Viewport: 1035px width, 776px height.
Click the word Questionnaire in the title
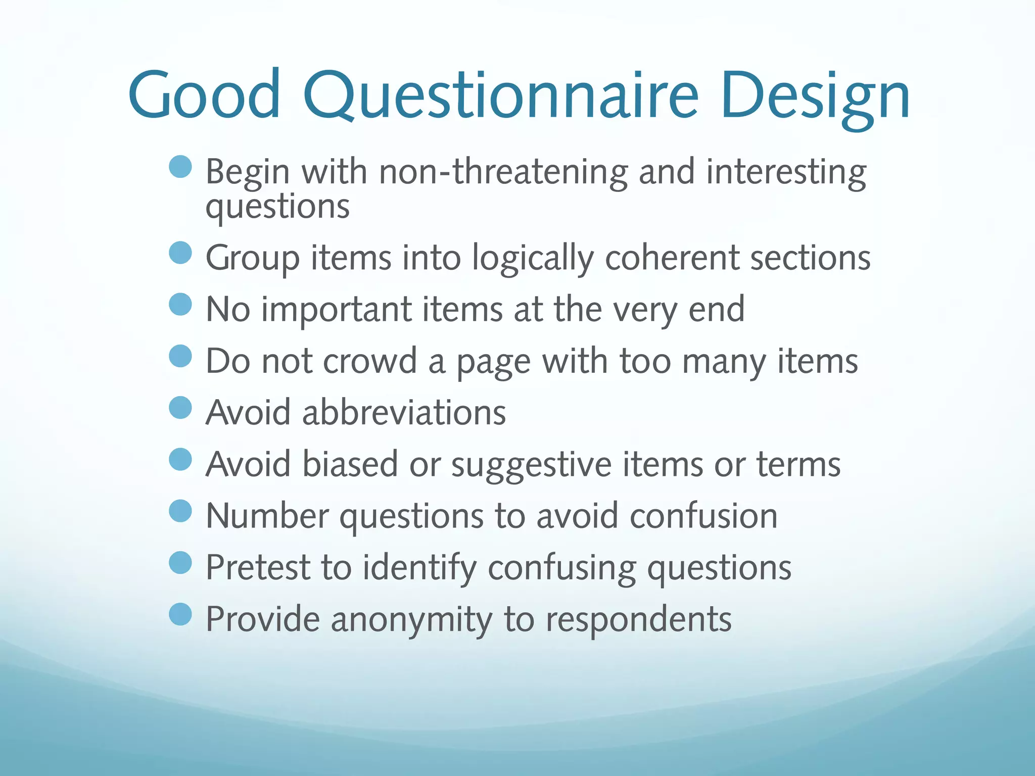pos(500,96)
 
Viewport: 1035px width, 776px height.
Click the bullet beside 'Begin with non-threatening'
pos(180,167)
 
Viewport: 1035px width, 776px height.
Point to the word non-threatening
pos(503,172)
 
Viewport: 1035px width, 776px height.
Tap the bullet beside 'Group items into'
pos(180,253)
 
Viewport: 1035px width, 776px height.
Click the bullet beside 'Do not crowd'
pos(180,356)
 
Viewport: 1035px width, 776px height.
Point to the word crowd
pos(370,362)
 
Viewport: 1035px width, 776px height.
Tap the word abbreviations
pos(404,413)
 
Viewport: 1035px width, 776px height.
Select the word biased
pos(350,464)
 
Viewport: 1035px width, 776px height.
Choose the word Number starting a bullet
pos(267,516)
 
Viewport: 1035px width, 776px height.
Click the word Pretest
pos(258,567)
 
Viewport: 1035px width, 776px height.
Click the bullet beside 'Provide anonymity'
pos(180,614)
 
